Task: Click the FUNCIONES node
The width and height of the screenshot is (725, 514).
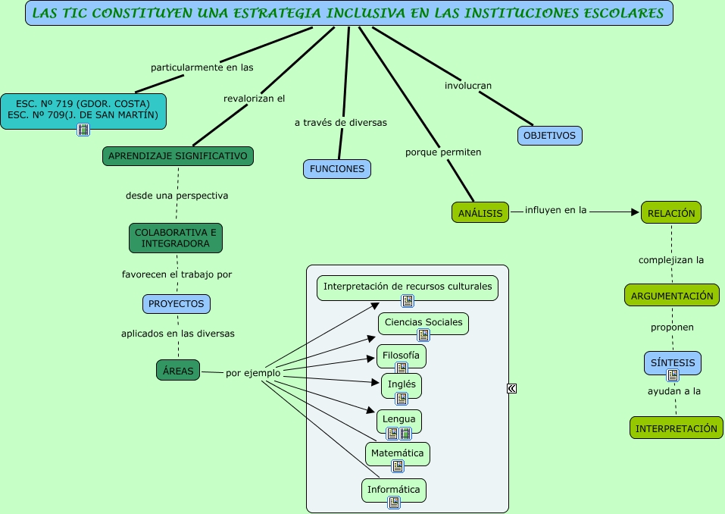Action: tap(337, 169)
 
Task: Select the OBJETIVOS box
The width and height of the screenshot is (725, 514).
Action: tap(550, 136)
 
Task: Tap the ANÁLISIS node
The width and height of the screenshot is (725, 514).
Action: tap(481, 213)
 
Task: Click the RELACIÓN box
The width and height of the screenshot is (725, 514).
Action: tap(671, 213)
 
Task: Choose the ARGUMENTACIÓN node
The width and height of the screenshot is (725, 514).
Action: tap(671, 296)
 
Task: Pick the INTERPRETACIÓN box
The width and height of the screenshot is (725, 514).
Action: tap(676, 428)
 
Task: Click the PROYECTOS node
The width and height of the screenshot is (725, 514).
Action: tap(177, 303)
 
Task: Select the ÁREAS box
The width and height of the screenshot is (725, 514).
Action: tap(179, 371)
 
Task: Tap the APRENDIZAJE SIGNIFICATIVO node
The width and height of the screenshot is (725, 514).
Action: tap(178, 155)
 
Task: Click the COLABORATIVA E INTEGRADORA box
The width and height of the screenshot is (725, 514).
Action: tap(176, 238)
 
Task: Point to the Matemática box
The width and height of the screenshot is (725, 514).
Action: tap(398, 453)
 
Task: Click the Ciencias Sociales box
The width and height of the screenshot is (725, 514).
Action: tap(423, 322)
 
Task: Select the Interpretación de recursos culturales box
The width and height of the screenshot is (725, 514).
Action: tap(408, 287)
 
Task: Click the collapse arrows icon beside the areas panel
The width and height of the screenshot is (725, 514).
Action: tap(511, 389)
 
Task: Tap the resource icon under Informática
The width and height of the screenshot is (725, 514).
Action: tap(394, 502)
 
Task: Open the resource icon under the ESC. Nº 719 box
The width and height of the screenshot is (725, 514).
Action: tap(83, 130)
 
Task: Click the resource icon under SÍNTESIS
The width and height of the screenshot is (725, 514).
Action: tap(673, 375)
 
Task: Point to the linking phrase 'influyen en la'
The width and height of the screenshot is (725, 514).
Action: tap(556, 210)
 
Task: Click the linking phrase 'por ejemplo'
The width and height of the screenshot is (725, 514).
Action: tap(253, 373)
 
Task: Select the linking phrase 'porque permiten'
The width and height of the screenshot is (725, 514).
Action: tap(443, 152)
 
